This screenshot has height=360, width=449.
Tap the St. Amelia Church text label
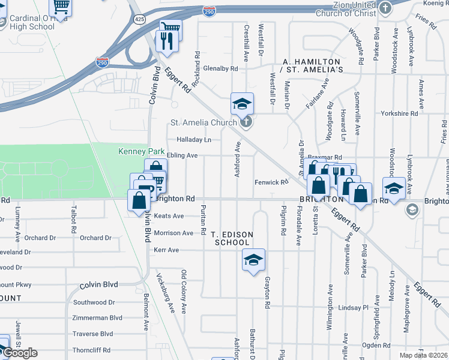204,123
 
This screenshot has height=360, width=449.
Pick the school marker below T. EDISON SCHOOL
253,260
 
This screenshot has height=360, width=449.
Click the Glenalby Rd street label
220,68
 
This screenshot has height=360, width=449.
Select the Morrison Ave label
173,233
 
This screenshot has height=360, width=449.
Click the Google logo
20,353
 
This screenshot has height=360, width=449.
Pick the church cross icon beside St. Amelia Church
244,123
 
